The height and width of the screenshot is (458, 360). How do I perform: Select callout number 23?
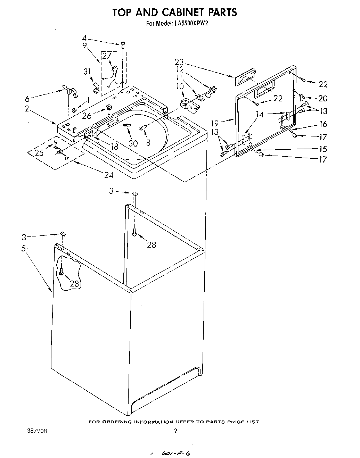179,63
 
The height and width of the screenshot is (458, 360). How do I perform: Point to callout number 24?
109,175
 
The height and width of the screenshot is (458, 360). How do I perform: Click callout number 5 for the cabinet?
24,248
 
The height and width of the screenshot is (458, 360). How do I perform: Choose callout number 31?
87,72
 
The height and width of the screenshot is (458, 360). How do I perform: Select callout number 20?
323,99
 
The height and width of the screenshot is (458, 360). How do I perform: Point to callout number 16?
323,124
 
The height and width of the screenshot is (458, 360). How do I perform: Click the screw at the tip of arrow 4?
123,44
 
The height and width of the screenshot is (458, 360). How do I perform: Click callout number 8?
148,142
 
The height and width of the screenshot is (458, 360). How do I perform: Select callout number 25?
40,152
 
